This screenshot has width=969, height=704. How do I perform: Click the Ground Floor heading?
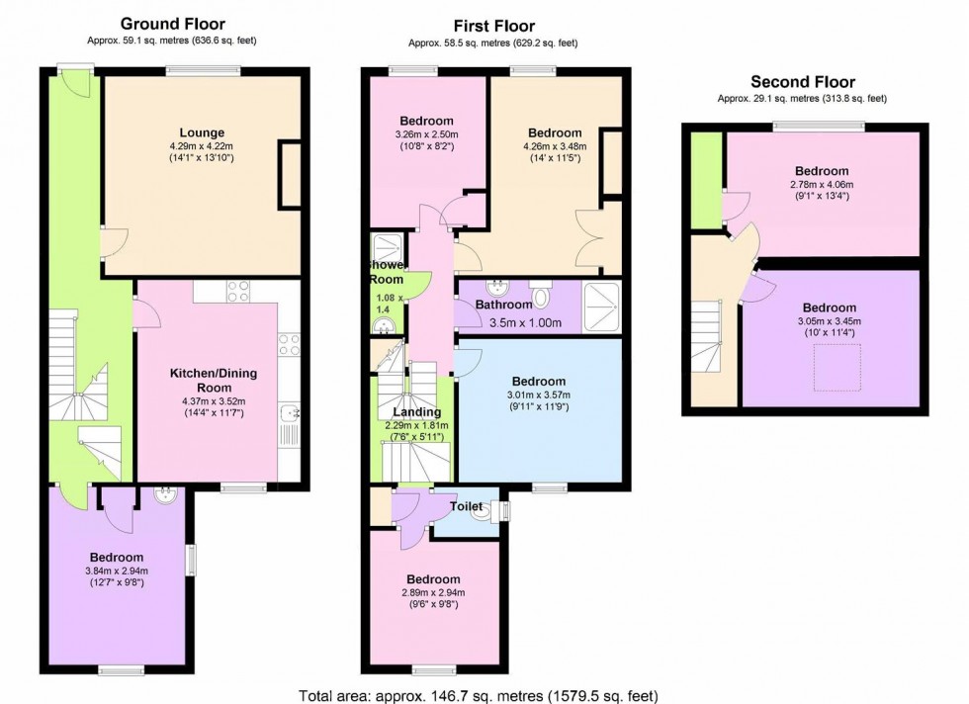pyautogui.click(x=172, y=23)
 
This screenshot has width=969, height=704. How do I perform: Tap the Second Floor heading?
pyautogui.click(x=802, y=82)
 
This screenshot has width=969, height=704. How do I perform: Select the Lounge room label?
pyautogui.click(x=202, y=132)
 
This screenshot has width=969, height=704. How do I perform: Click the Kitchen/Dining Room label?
pyautogui.click(x=201, y=380)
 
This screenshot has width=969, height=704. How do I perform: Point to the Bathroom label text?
pyautogui.click(x=503, y=306)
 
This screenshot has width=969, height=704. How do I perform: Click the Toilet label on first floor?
pyautogui.click(x=466, y=506)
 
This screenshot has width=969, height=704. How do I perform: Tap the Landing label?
pyautogui.click(x=416, y=412)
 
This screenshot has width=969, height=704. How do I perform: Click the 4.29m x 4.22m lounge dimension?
pyautogui.click(x=202, y=146)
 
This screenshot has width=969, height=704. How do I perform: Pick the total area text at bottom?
pyautogui.click(x=478, y=694)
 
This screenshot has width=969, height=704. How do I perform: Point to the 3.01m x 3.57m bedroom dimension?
pyautogui.click(x=539, y=396)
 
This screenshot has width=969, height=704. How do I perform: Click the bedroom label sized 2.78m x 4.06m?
pyautogui.click(x=822, y=171)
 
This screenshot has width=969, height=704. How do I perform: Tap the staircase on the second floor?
pyautogui.click(x=710, y=336)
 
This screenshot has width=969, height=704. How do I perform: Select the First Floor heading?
pyautogui.click(x=493, y=27)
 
